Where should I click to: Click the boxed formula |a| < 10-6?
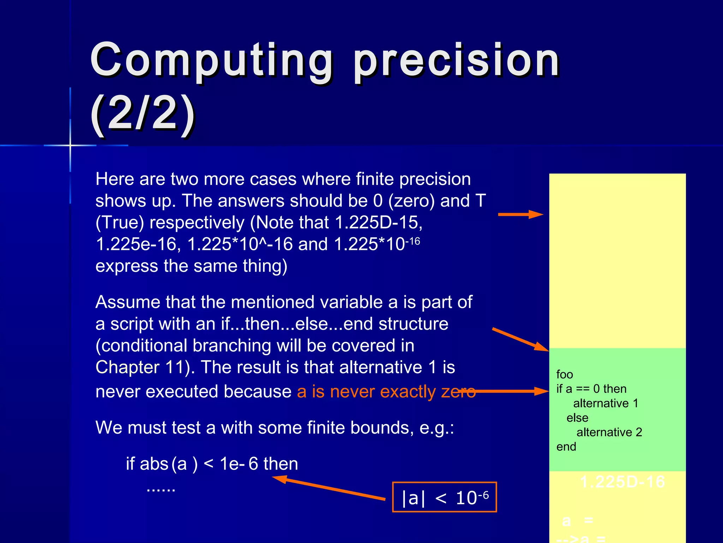pyautogui.click(x=444, y=497)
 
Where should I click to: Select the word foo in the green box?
pyautogui.click(x=564, y=374)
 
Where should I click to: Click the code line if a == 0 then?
pyautogui.click(x=591, y=389)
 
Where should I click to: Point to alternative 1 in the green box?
pyautogui.click(x=605, y=403)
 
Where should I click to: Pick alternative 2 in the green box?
pyautogui.click(x=609, y=432)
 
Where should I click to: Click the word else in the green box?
pyautogui.click(x=577, y=418)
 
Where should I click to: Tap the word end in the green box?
pyautogui.click(x=566, y=446)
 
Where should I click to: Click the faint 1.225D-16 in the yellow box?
pyautogui.click(x=622, y=481)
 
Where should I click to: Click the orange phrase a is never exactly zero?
pyautogui.click(x=386, y=391)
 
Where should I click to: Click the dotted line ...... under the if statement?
pyautogui.click(x=161, y=489)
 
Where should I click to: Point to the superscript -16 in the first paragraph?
pyautogui.click(x=412, y=241)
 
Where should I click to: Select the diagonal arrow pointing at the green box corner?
pyautogui.click(x=520, y=339)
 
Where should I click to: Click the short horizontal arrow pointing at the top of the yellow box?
pyautogui.click(x=520, y=214)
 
